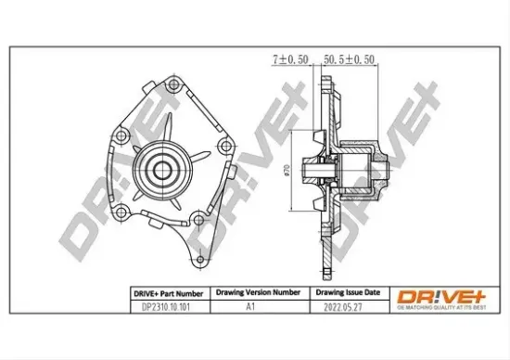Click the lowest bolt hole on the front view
coord(198,220)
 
